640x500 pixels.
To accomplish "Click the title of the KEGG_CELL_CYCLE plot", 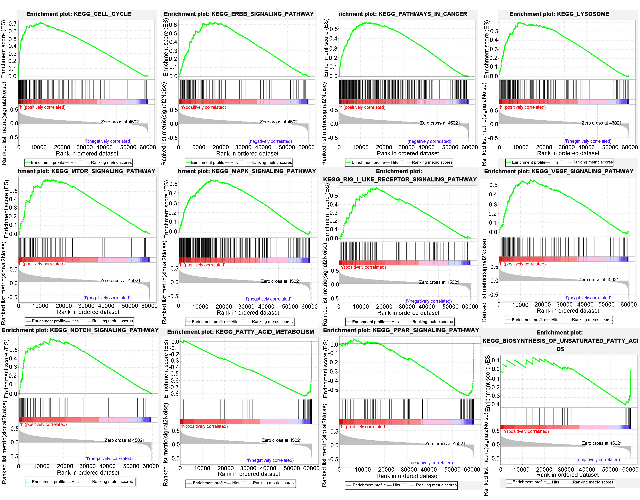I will (78, 14).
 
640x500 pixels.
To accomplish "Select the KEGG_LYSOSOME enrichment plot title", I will (559, 14).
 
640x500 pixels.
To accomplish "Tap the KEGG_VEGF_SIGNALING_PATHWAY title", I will (559, 171).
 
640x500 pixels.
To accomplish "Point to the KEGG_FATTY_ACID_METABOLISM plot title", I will (241, 332).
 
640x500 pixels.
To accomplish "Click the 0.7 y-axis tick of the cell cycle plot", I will (13, 23).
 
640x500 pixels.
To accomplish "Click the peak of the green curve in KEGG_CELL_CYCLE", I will (41, 23).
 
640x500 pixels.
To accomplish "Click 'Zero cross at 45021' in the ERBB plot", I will (279, 122).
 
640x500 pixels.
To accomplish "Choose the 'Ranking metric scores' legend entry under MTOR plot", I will (112, 321).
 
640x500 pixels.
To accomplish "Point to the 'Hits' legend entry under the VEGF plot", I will (554, 320).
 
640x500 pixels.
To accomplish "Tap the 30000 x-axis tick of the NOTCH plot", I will (87, 466).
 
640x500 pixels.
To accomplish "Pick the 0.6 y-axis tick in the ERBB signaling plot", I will (173, 25).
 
